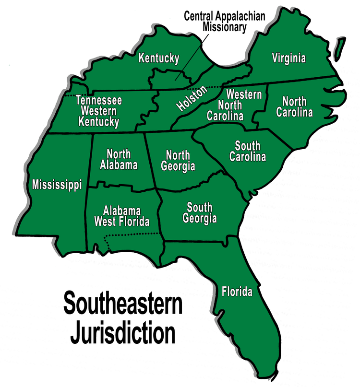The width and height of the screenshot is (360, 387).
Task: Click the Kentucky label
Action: point(158,59)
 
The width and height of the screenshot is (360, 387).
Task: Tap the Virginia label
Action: point(288,59)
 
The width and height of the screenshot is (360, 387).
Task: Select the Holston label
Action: point(192,99)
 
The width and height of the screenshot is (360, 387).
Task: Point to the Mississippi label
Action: point(56,184)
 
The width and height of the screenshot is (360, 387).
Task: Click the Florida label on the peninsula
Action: point(237,291)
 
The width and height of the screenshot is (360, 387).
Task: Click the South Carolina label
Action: point(248,151)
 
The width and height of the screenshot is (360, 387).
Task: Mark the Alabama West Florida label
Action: point(121,216)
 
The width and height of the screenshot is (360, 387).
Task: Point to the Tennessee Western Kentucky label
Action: point(99,111)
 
